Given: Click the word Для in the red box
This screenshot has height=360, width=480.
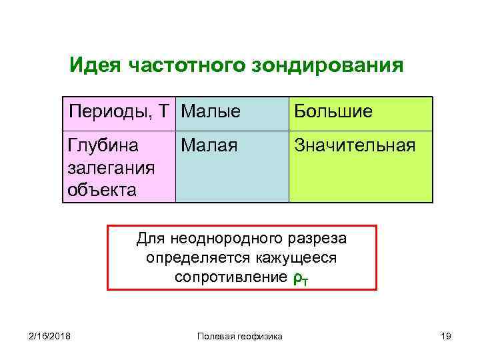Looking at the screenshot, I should click(x=148, y=238).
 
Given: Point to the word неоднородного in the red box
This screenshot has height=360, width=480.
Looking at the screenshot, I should click(x=221, y=238).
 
